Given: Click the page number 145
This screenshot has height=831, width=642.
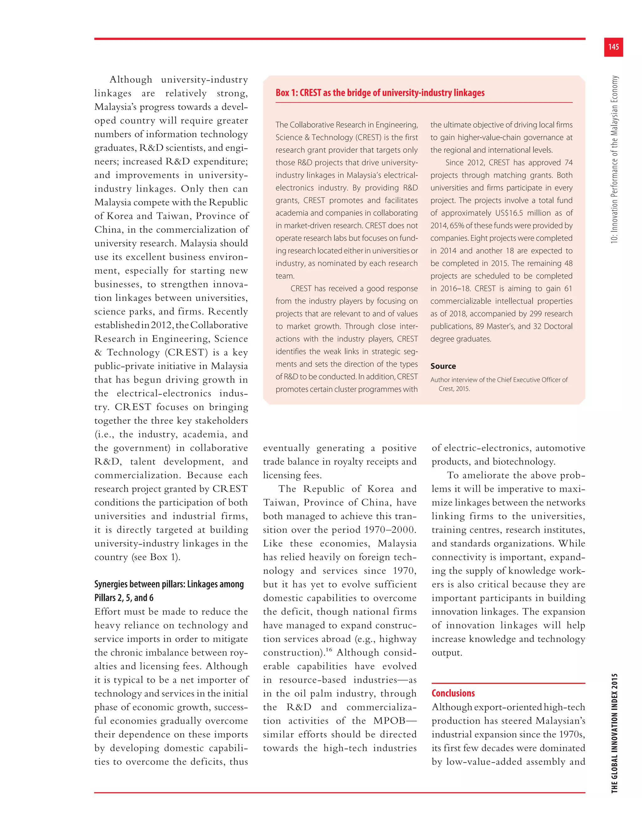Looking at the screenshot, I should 613,47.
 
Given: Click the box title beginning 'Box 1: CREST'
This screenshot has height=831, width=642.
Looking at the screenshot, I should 380,93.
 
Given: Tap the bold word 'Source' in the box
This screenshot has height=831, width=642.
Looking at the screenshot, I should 443,366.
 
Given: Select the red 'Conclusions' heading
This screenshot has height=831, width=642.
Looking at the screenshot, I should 453,693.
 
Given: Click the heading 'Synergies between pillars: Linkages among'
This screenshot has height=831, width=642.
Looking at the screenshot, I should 169,584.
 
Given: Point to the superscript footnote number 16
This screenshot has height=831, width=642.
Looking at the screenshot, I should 329,649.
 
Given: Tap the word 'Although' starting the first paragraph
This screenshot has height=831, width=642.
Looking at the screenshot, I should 130,80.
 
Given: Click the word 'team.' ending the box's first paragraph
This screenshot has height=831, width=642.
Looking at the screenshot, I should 285,276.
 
